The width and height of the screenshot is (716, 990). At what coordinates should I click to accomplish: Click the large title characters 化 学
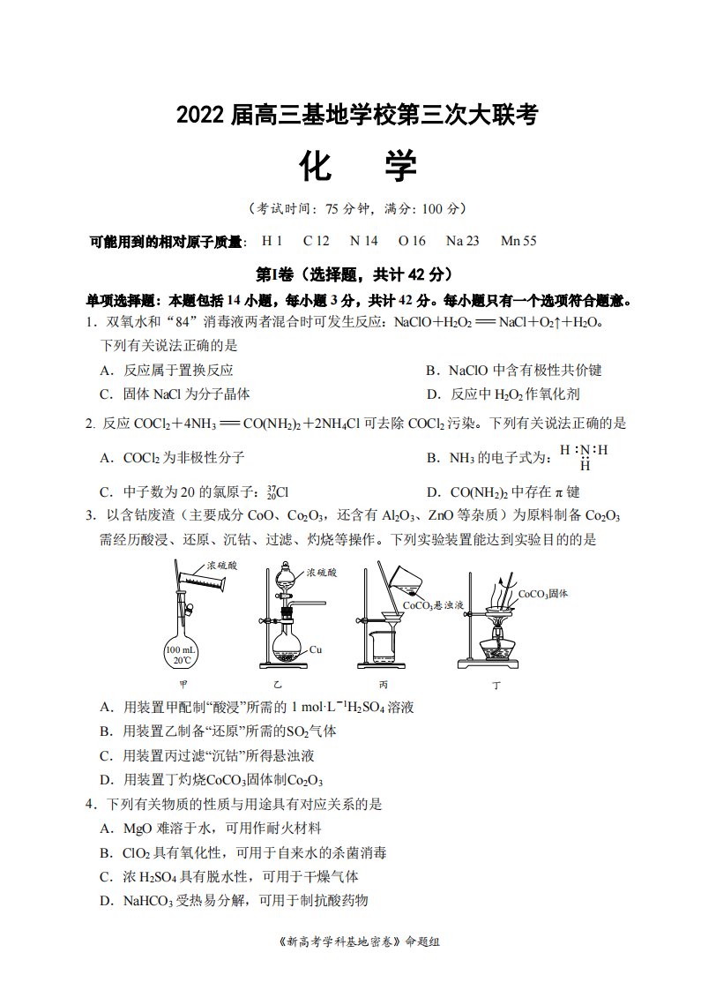click(x=358, y=168)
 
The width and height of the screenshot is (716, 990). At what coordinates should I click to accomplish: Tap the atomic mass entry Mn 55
click(x=518, y=241)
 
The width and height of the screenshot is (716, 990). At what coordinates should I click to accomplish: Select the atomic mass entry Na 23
click(x=462, y=241)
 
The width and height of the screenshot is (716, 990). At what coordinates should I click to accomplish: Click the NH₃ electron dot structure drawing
click(x=584, y=457)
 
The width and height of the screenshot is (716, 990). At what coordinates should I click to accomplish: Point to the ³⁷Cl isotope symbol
click(x=278, y=491)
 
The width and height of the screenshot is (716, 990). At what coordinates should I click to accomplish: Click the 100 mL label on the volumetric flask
click(x=181, y=649)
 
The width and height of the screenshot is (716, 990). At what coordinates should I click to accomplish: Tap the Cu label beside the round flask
click(x=316, y=649)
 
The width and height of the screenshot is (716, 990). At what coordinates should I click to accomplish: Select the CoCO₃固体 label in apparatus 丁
click(x=542, y=594)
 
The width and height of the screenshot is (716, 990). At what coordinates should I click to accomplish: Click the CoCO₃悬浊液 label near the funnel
click(x=433, y=605)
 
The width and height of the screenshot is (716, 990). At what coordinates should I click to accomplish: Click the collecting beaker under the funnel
click(x=384, y=648)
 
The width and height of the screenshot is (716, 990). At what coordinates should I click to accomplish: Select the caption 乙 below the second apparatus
click(x=278, y=685)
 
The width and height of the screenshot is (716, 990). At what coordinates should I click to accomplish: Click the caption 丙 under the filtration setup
click(x=384, y=685)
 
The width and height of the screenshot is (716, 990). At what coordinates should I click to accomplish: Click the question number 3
click(x=91, y=516)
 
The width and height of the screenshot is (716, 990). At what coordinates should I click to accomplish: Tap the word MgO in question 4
click(x=138, y=829)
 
